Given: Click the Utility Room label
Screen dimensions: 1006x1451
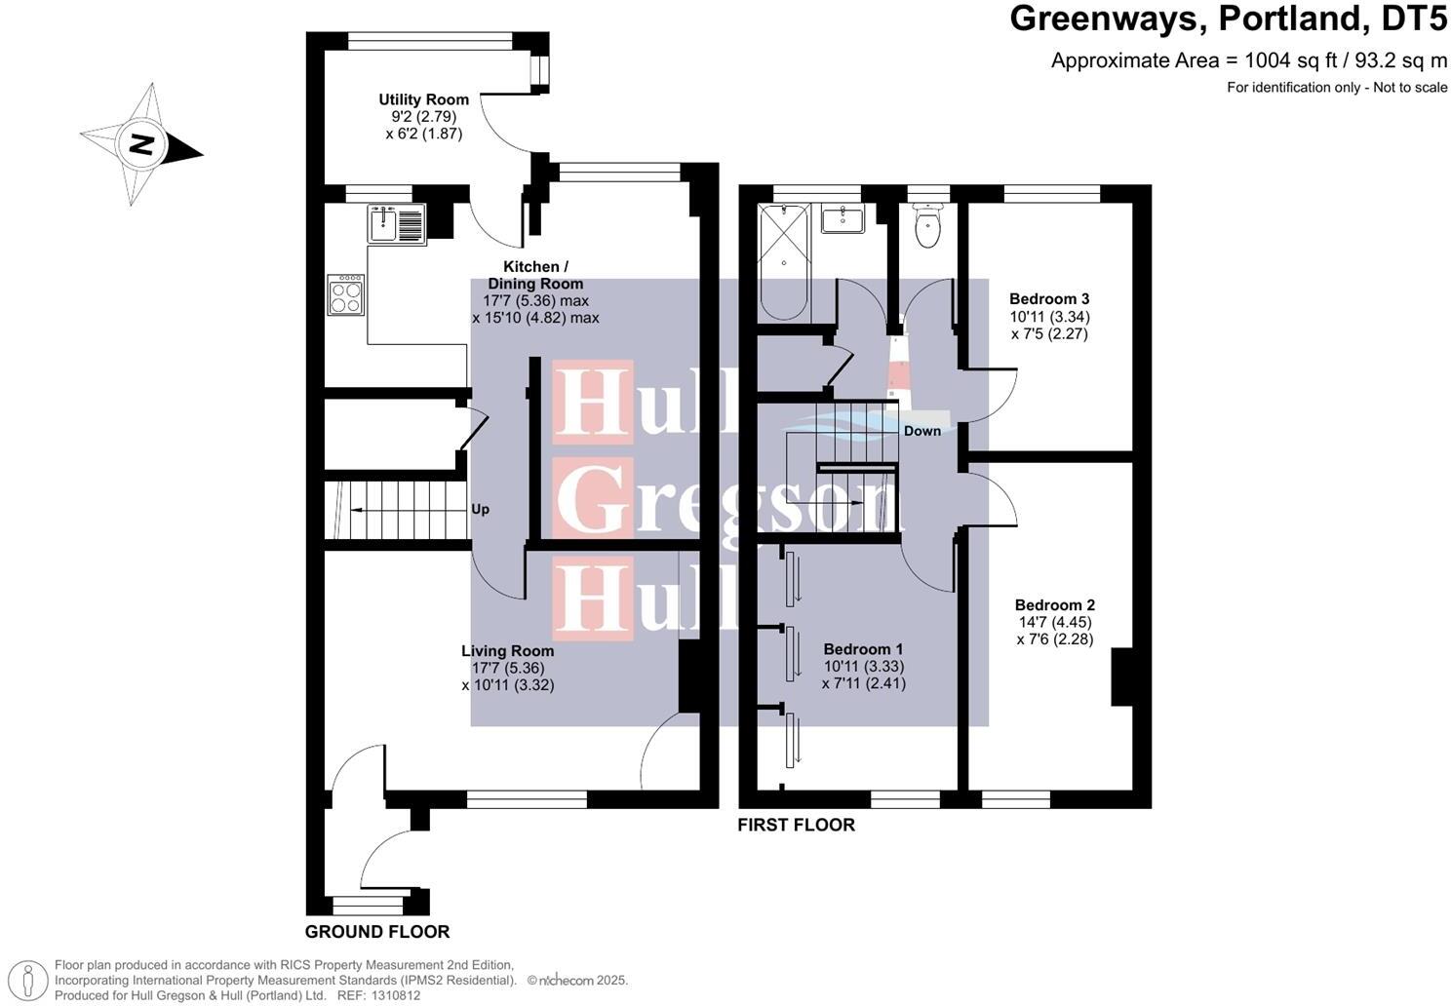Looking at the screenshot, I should tap(423, 99).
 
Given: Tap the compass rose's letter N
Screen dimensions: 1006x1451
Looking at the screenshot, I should tap(142, 146).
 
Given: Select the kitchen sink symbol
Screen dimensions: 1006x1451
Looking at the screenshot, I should tap(395, 224).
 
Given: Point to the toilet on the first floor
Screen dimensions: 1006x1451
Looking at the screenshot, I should tap(927, 228).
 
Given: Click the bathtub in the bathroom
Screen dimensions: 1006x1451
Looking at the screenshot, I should tap(784, 262).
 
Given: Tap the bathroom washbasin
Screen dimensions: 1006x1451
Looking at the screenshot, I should tap(843, 219).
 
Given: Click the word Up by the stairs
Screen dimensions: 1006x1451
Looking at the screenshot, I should tap(480, 509).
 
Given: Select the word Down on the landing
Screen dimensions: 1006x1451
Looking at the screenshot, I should tap(922, 431).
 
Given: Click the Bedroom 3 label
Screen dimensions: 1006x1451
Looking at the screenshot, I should tap(1049, 299).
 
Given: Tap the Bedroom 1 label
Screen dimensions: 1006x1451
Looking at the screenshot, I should tap(863, 649).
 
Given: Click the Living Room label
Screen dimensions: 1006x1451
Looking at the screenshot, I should tap(507, 651).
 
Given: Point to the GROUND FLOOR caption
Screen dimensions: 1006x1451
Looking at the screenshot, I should tap(377, 932).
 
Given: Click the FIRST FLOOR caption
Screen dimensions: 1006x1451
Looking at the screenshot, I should tap(796, 825).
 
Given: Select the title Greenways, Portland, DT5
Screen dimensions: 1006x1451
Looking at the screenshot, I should tap(1228, 19).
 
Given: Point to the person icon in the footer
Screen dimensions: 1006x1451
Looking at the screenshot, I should tap(32, 980).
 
